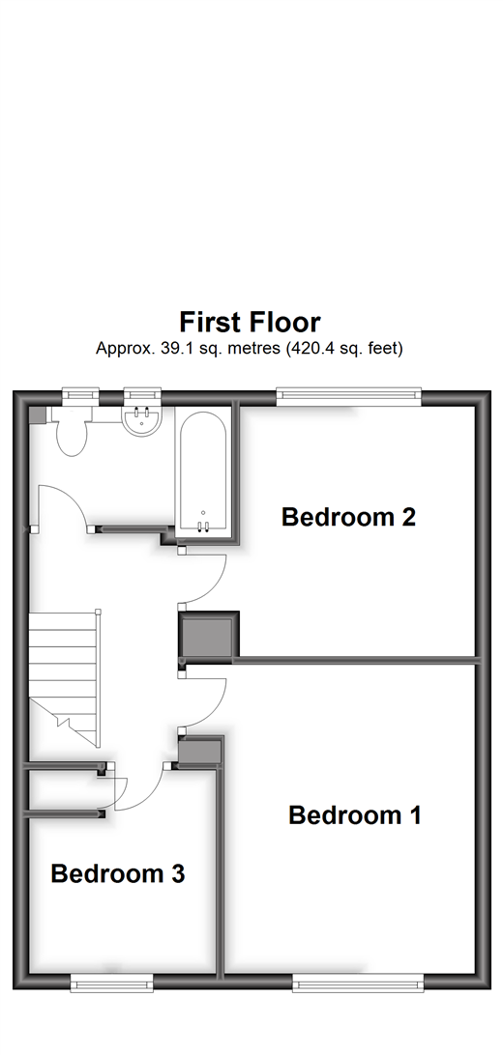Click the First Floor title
pos(250,322)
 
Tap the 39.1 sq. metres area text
pos(250,348)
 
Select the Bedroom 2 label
pos(348,517)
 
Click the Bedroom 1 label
pos(355,815)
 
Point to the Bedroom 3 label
pos(117,874)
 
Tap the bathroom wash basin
pos(141,421)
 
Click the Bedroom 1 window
pos(358,984)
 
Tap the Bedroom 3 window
pos(111,984)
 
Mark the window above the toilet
pos(79,395)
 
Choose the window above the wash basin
pos(142,395)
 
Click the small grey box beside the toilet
pos(37,413)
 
